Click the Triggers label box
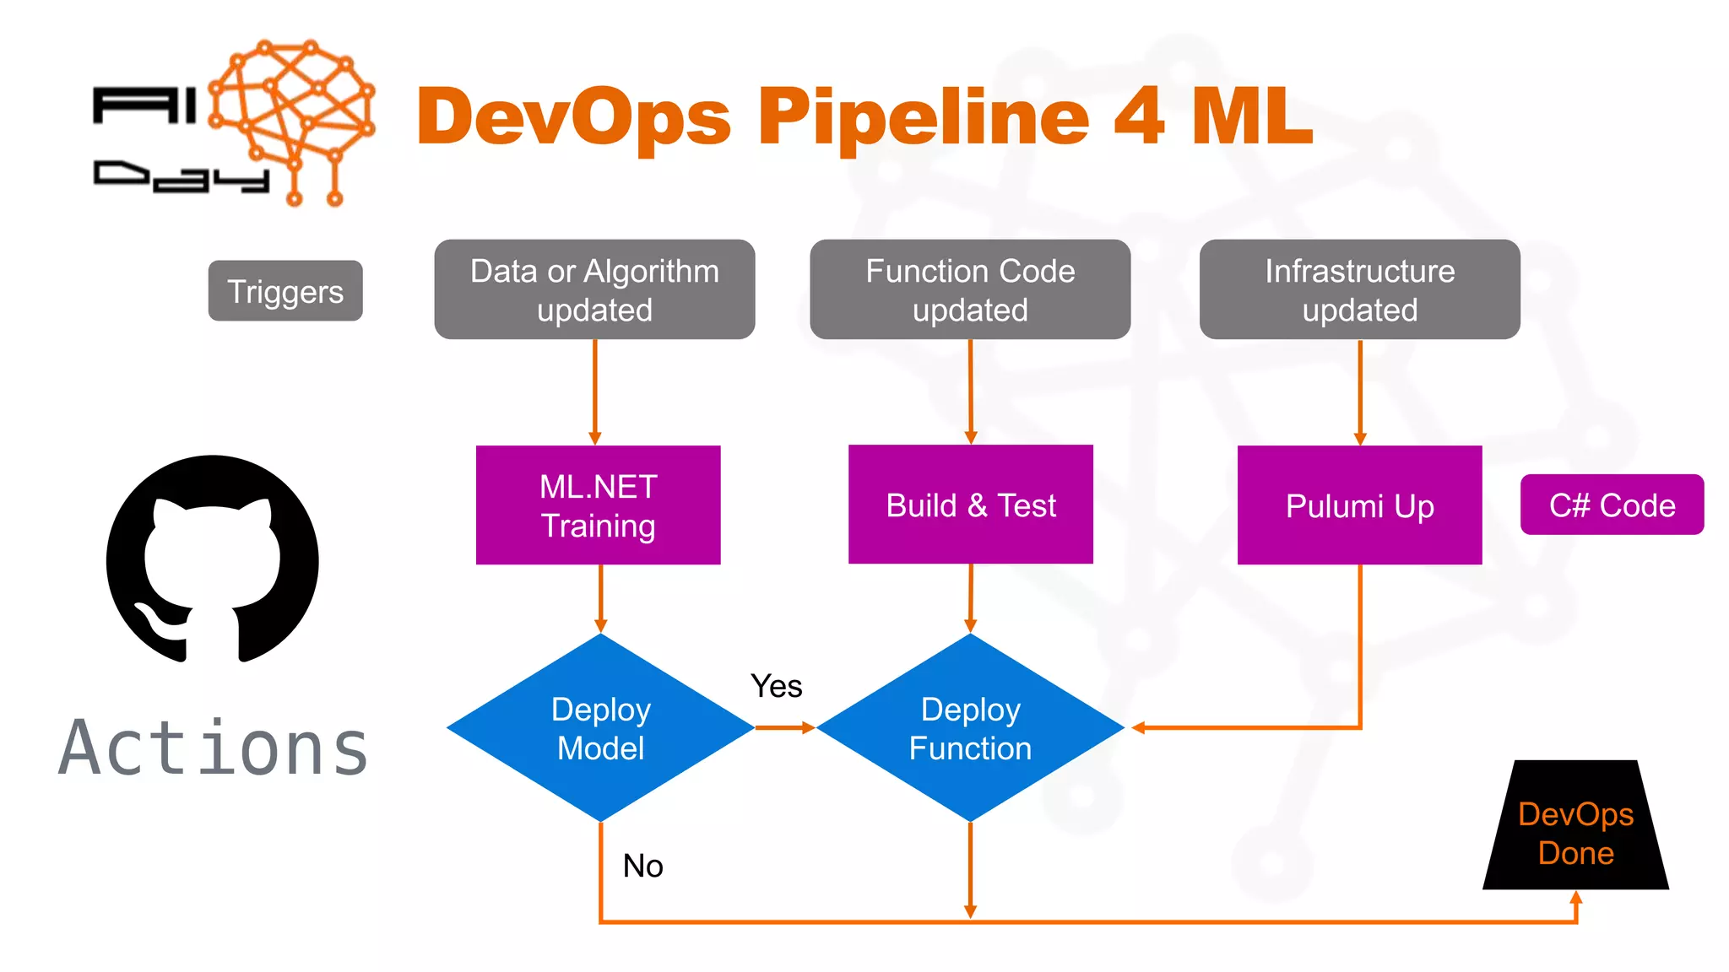point(285,291)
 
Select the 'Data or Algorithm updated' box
point(594,289)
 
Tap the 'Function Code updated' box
point(970,289)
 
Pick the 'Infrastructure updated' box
point(1359,289)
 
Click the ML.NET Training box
point(598,505)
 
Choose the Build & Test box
point(970,505)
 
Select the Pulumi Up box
point(1359,505)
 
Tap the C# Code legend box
point(1612,505)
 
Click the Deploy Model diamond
point(600,727)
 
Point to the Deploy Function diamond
point(970,727)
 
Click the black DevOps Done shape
point(1575,831)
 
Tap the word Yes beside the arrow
point(776,686)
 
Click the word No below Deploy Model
point(642,866)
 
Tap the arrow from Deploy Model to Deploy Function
point(784,727)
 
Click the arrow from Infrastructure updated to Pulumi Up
point(1360,392)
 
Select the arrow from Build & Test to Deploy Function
point(971,597)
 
